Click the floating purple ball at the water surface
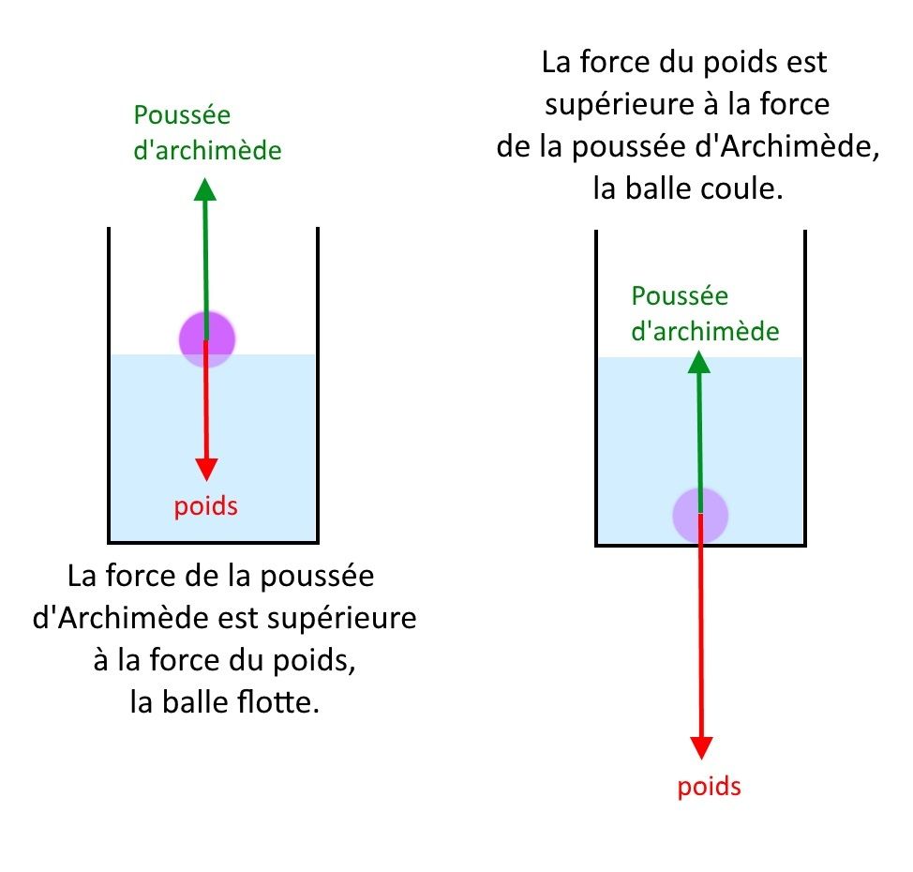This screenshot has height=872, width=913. (x=207, y=339)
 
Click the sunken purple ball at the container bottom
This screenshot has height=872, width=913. (x=700, y=516)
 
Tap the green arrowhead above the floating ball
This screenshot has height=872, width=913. (x=205, y=189)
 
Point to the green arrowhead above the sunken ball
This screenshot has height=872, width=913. (x=698, y=362)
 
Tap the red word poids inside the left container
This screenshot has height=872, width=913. (x=206, y=506)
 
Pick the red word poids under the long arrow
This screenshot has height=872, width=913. (x=710, y=787)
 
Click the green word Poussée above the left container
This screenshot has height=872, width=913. (x=182, y=114)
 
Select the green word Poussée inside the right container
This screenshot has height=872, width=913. (x=681, y=296)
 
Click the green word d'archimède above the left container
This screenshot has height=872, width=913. (x=207, y=150)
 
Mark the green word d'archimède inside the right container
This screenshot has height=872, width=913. (x=705, y=331)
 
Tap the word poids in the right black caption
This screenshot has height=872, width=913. (x=740, y=63)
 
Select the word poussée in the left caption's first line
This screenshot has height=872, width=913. (x=318, y=577)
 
